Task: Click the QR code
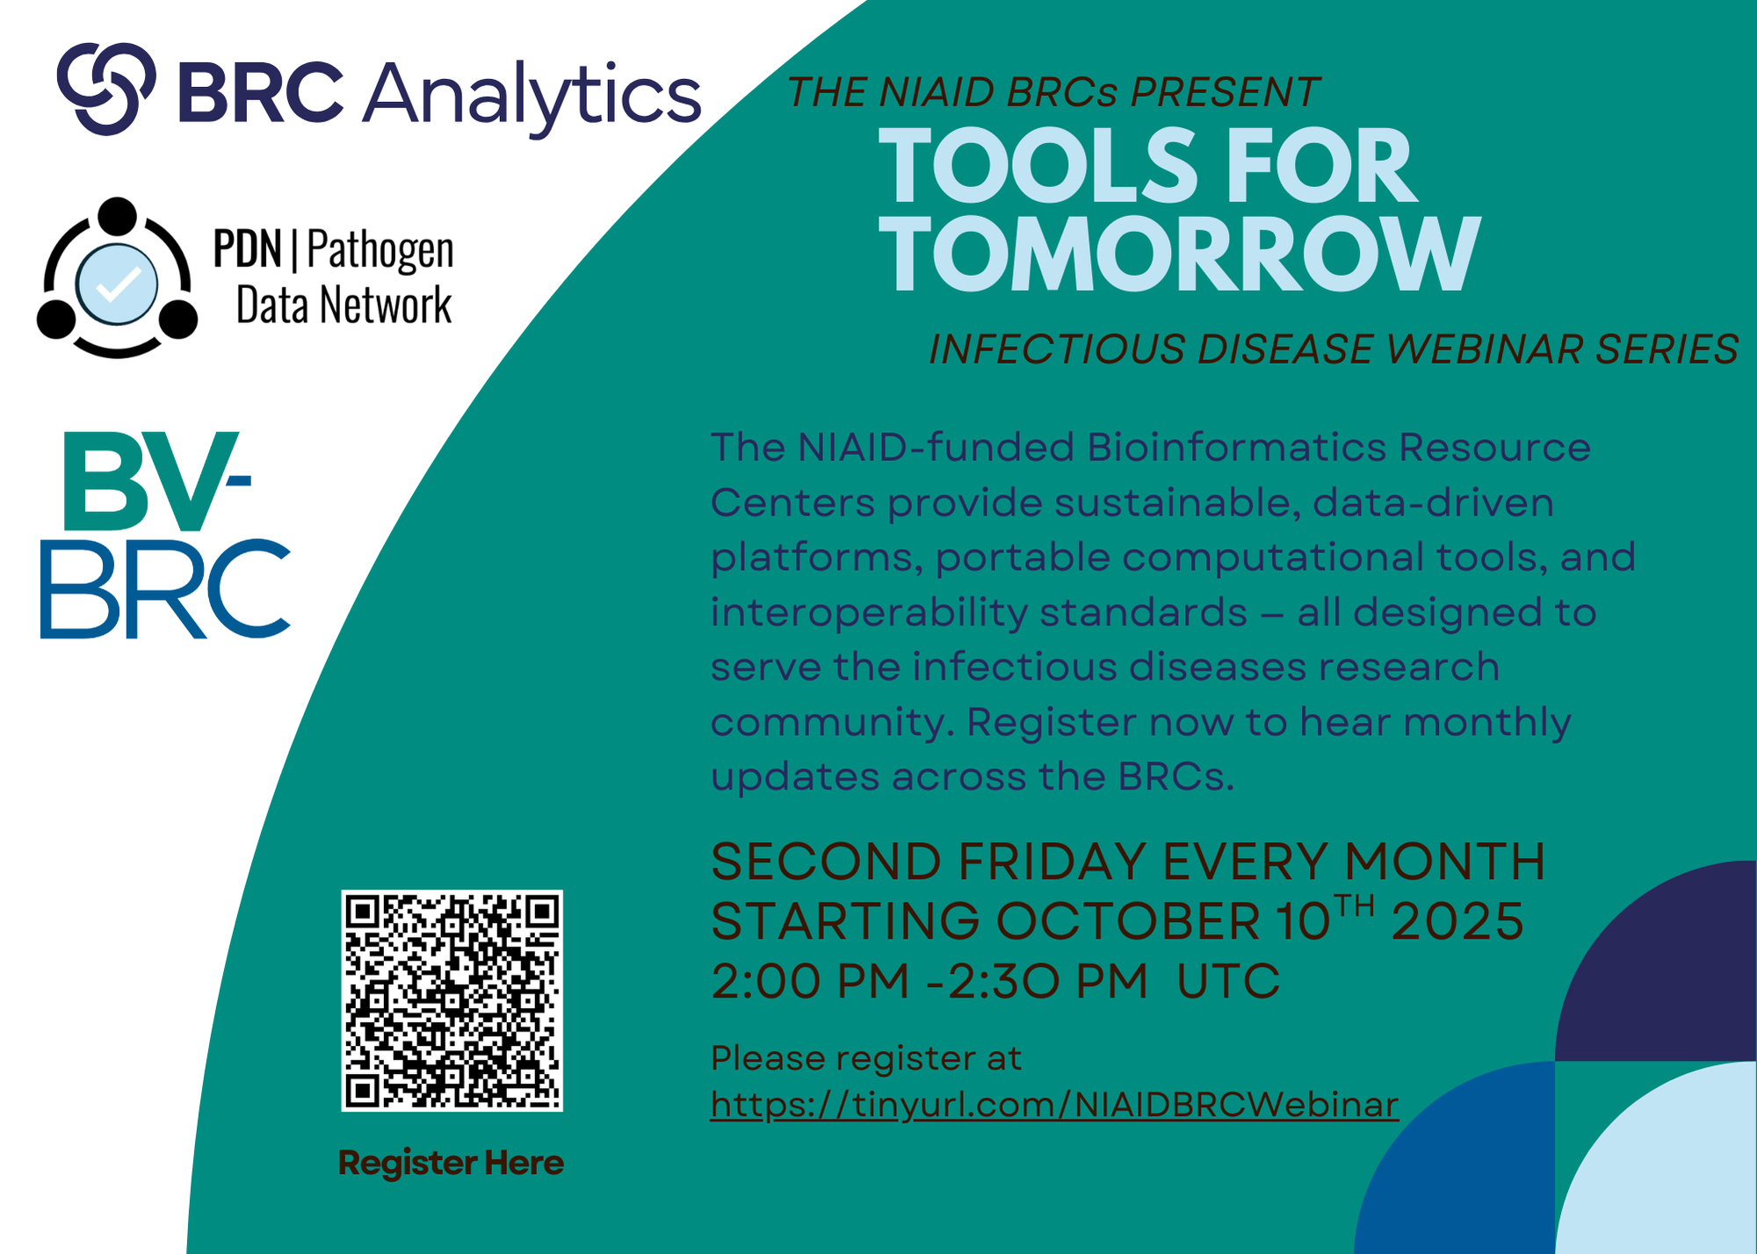pyautogui.click(x=452, y=1000)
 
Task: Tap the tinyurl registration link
pyautogui.click(x=1054, y=1105)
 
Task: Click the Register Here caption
pyautogui.click(x=451, y=1163)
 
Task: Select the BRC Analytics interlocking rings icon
pyautogui.click(x=106, y=89)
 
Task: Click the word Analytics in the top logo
pyautogui.click(x=532, y=95)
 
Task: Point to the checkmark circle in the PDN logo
pyautogui.click(x=117, y=284)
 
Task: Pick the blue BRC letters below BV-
pyautogui.click(x=165, y=588)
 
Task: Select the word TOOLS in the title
pyautogui.click(x=1038, y=165)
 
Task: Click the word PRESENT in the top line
pyautogui.click(x=1225, y=92)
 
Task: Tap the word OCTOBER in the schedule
pyautogui.click(x=1129, y=921)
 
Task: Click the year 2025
pyautogui.click(x=1457, y=921)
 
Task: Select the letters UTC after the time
pyautogui.click(x=1228, y=981)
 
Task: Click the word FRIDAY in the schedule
pyautogui.click(x=1051, y=861)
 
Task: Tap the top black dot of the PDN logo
pyautogui.click(x=117, y=216)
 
